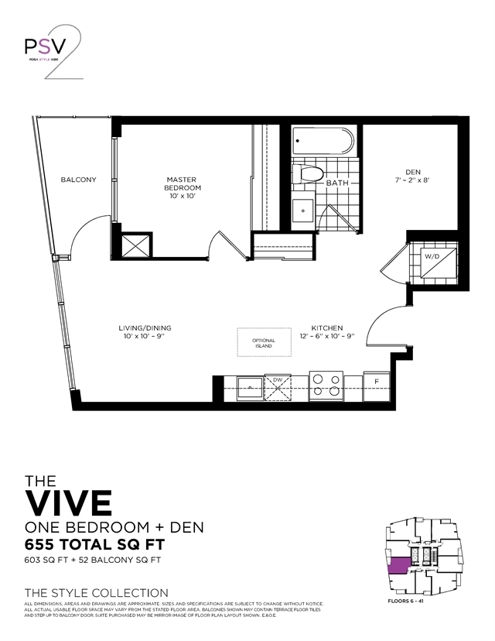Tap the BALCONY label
click(78, 180)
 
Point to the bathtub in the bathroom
click(323, 142)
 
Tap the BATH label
click(337, 183)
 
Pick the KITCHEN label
click(327, 332)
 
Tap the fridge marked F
click(376, 383)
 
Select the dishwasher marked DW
click(277, 386)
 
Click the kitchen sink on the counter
click(251, 386)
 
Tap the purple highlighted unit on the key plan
click(399, 567)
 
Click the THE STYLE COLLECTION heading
click(97, 592)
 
